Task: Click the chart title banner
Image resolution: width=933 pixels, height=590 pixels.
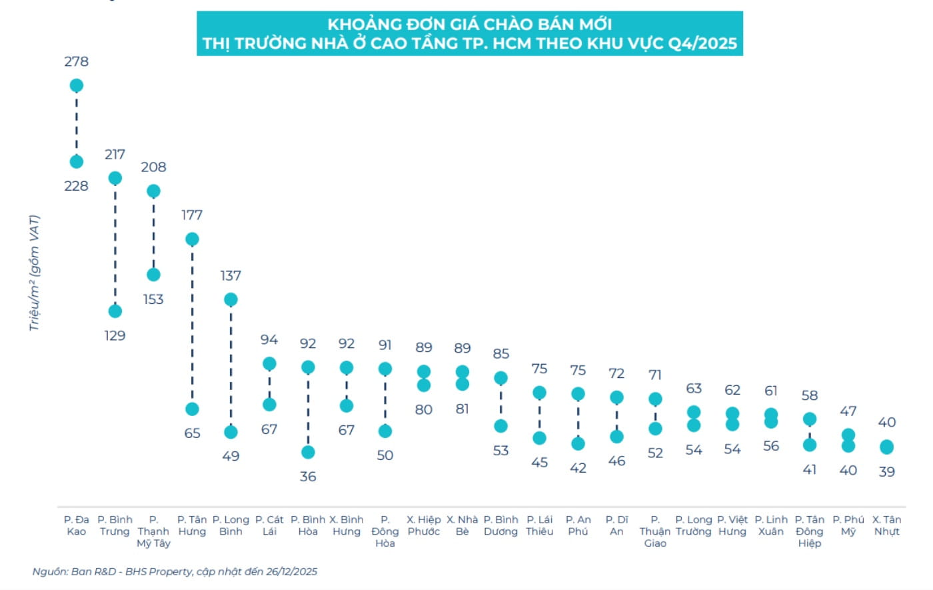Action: [469, 33]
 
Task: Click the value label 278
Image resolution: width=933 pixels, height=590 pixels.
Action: [76, 61]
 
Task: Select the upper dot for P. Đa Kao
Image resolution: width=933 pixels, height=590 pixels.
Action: [76, 85]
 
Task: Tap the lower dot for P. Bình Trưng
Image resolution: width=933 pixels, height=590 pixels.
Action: [115, 311]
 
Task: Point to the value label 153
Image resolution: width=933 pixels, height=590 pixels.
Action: [153, 299]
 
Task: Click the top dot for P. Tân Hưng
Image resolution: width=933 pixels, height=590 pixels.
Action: [192, 239]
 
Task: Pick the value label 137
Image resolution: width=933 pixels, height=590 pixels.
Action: [231, 275]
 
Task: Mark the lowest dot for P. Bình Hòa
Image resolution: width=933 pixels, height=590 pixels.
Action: [308, 452]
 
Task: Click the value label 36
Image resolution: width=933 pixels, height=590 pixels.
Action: [308, 477]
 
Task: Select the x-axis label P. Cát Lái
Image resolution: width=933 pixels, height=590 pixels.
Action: [269, 525]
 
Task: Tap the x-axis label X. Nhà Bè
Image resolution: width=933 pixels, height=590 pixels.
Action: [462, 525]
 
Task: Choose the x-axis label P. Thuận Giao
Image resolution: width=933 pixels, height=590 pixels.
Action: [655, 531]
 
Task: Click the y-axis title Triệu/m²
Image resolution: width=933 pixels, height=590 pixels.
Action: [34, 273]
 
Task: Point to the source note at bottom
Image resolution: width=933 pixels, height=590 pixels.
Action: [175, 571]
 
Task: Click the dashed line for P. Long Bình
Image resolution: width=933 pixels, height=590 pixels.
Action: [231, 365]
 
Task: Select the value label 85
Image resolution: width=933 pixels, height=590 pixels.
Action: [501, 353]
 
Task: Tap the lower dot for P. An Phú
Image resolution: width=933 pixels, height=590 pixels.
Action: [578, 443]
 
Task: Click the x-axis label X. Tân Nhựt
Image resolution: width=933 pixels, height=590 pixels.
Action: [886, 525]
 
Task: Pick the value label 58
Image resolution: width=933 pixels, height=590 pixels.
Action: [810, 395]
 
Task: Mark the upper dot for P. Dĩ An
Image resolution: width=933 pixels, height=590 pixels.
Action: [616, 398]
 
